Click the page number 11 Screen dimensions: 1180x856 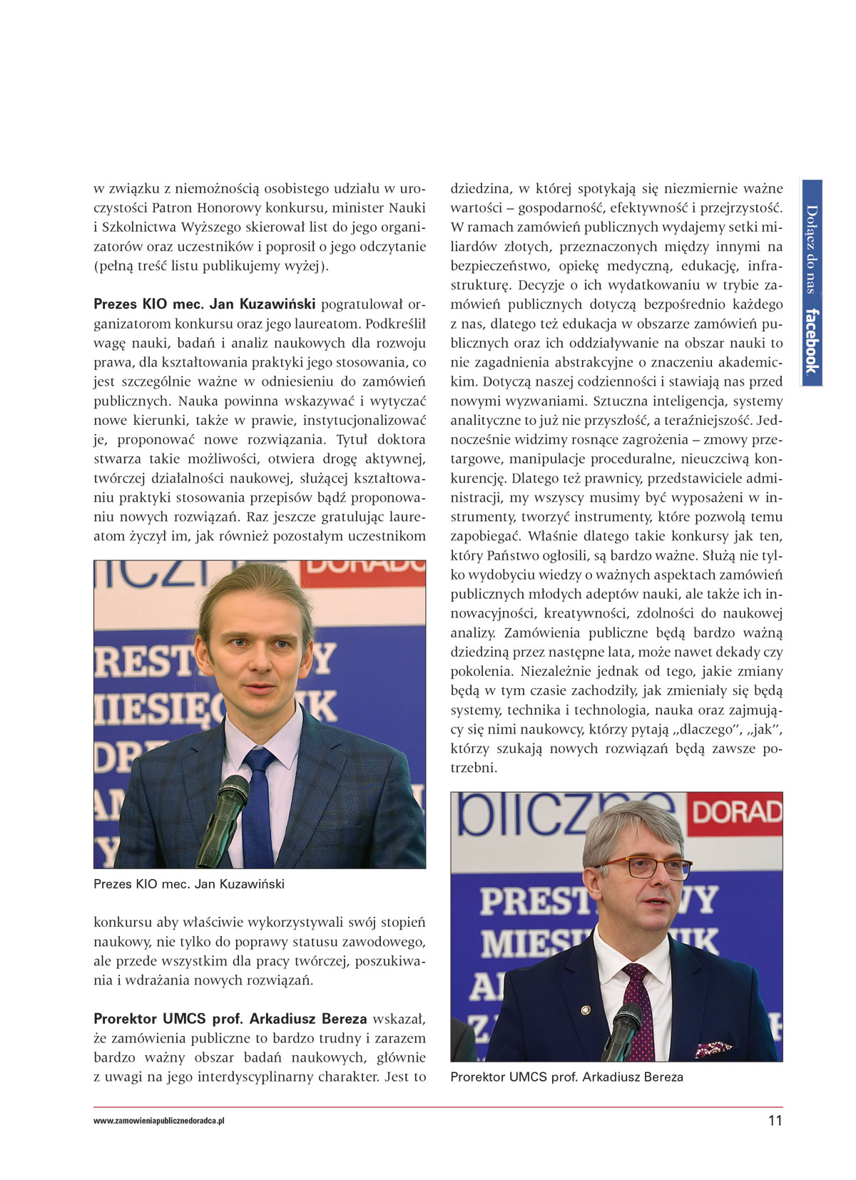pyautogui.click(x=775, y=1120)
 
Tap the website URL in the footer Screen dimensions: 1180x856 pyautogui.click(x=159, y=1121)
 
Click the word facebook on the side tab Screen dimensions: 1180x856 pyautogui.click(x=811, y=341)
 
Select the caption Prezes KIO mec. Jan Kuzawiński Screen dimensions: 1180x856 pyautogui.click(x=189, y=884)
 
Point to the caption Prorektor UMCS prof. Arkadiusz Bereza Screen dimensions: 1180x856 pyautogui.click(x=566, y=1077)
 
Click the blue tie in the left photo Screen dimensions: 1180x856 pyautogui.click(x=258, y=806)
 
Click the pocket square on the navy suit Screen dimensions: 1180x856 pyautogui.click(x=713, y=1048)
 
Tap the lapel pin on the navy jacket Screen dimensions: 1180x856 pyautogui.click(x=585, y=1010)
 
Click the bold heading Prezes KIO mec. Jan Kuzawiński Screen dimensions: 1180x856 pyautogui.click(x=205, y=304)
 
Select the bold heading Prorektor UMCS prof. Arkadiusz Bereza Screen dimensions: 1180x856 pyautogui.click(x=230, y=1019)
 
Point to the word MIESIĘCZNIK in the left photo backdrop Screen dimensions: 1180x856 pyautogui.click(x=214, y=708)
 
